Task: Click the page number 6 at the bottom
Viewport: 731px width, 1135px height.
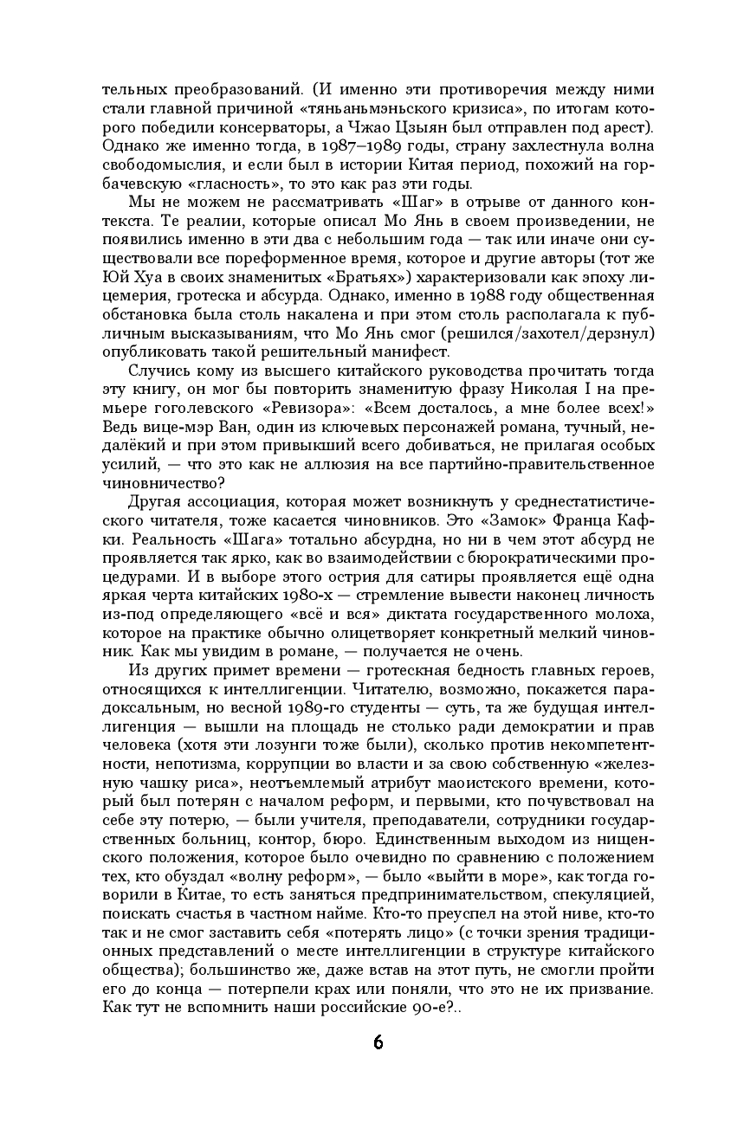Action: click(378, 1041)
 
